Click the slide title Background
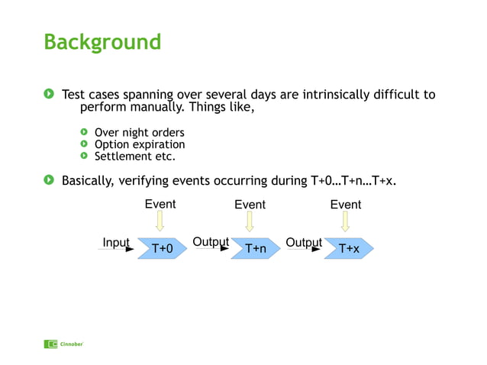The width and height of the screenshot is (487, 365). click(102, 41)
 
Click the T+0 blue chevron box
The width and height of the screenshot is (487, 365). click(162, 248)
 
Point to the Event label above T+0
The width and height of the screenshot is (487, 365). click(160, 205)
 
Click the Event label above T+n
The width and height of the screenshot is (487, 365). click(250, 205)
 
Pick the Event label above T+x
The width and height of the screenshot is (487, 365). click(345, 205)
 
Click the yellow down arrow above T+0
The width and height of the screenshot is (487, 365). click(160, 221)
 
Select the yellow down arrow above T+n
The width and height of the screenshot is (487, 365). click(250, 221)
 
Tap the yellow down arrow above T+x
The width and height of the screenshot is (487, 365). click(345, 221)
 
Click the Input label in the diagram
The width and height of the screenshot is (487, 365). click(116, 243)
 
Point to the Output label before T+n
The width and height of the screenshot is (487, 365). click(210, 242)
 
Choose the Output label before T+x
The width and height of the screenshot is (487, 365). click(303, 243)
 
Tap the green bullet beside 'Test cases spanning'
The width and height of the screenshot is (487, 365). click(49, 95)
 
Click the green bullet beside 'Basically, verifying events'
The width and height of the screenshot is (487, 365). click(49, 181)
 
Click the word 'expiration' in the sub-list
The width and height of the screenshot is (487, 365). click(158, 144)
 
